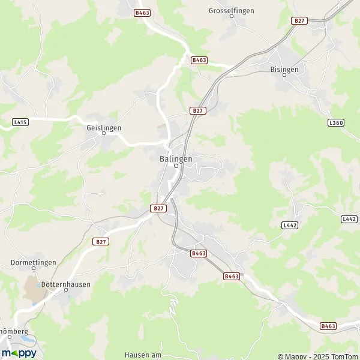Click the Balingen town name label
pyautogui.click(x=176, y=158)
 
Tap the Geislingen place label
pyautogui.click(x=104, y=128)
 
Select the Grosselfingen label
pyautogui.click(x=232, y=11)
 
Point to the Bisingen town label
pyautogui.click(x=285, y=69)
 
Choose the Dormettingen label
pyautogui.click(x=33, y=263)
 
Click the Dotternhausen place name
pyautogui.click(x=66, y=284)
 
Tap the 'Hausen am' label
pyautogui.click(x=143, y=355)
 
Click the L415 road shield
pyautogui.click(x=20, y=122)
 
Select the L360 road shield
pyautogui.click(x=336, y=122)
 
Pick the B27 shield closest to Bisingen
pyautogui.click(x=299, y=20)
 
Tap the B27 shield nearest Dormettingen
pyautogui.click(x=101, y=241)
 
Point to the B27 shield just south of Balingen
pyautogui.click(x=158, y=208)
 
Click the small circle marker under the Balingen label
pyautogui.click(x=176, y=166)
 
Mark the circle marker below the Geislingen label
pyautogui.click(x=104, y=134)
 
